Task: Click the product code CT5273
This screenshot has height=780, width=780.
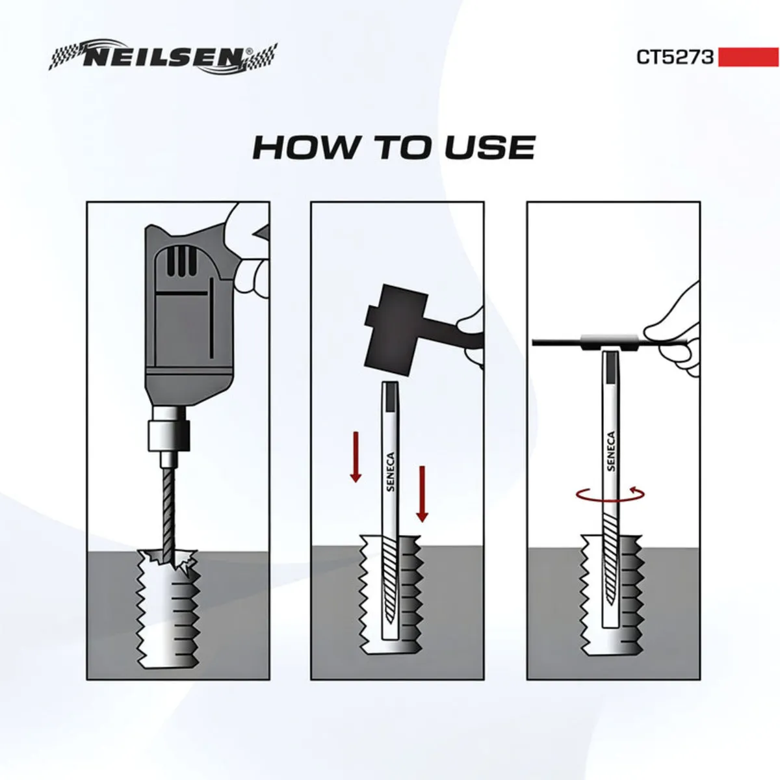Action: pos(675,57)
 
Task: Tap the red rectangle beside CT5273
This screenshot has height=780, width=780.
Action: pos(748,57)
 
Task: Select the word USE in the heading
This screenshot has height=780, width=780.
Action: pos(489,148)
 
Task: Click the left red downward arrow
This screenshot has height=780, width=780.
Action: pos(356,458)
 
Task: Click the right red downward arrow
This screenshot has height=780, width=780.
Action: pos(422,493)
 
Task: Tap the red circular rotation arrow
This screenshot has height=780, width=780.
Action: pos(610,495)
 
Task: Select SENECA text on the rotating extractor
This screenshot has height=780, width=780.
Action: pos(610,452)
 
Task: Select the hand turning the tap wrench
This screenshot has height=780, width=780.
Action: pos(676,325)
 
